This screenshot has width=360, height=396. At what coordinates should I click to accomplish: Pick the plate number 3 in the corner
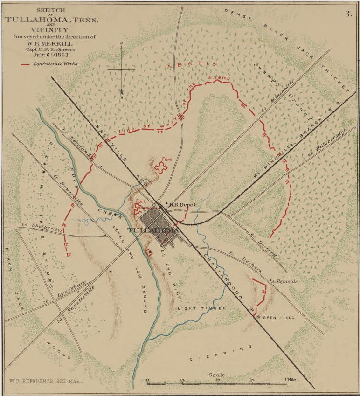[x=347, y=14]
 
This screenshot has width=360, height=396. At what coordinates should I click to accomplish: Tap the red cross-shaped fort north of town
[x=161, y=168]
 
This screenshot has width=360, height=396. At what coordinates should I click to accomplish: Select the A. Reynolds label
[x=285, y=281]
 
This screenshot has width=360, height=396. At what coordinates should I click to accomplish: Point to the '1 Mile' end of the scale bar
[x=292, y=380]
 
